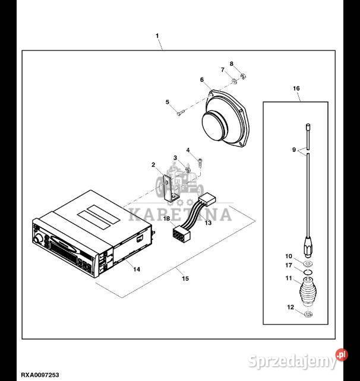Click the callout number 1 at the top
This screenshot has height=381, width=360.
click(157, 36)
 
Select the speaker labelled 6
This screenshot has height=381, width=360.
click(225, 119)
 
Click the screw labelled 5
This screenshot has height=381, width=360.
click(181, 113)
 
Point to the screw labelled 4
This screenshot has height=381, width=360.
click(200, 163)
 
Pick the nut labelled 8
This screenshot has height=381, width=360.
click(242, 77)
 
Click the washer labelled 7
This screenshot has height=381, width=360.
click(234, 81)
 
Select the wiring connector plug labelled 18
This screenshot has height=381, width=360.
click(179, 233)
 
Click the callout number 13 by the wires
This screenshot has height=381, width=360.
click(208, 223)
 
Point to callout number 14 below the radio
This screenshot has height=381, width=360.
click(137, 269)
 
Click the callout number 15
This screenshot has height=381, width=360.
click(185, 278)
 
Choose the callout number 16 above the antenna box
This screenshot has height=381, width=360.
click(296, 88)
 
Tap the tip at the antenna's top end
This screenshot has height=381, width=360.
click(308, 125)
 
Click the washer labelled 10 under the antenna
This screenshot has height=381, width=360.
click(308, 263)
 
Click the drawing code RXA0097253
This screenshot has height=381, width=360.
click(40, 375)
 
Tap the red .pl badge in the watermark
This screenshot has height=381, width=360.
click(342, 355)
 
